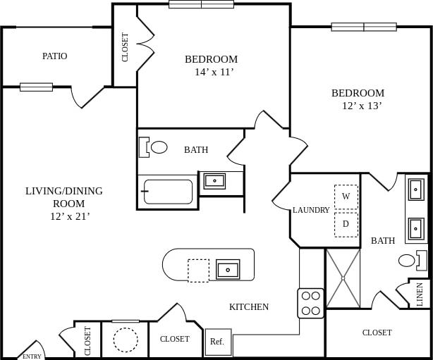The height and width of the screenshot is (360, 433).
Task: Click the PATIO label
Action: point(54,56)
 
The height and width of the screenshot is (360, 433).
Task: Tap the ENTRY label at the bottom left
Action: point(32,356)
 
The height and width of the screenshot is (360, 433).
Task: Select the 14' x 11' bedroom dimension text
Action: point(214,72)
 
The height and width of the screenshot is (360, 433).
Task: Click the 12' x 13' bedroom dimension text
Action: point(362,106)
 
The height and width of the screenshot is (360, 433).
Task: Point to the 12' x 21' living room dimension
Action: point(64,216)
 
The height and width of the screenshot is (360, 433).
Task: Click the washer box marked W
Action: point(346,197)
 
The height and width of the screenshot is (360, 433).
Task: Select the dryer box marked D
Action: point(346,224)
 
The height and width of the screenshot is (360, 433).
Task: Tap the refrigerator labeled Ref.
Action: point(217,342)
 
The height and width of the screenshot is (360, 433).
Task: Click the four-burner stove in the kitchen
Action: point(311,303)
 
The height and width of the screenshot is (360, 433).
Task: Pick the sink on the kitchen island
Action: point(228,269)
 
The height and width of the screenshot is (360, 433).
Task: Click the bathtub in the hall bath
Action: point(168,192)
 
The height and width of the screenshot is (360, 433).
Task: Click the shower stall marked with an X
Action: point(343,278)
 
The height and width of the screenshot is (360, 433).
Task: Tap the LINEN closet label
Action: point(420,294)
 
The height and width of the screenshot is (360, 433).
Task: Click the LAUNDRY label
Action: point(311,210)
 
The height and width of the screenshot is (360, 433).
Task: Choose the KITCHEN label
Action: point(249,306)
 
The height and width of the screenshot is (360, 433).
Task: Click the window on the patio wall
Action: point(36,87)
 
